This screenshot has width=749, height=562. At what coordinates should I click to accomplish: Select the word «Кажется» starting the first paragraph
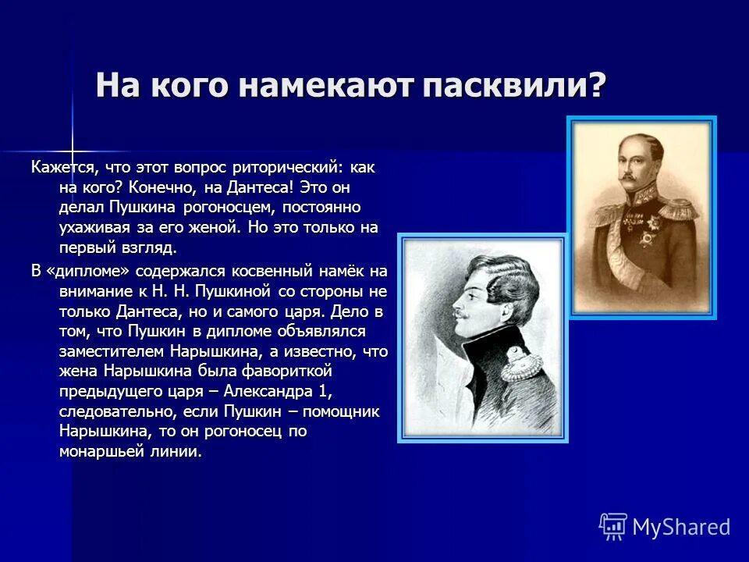pyautogui.click(x=63, y=168)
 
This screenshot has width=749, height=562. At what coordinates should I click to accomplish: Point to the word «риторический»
pyautogui.click(x=296, y=168)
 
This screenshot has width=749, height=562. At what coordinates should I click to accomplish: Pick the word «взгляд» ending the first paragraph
pyautogui.click(x=145, y=249)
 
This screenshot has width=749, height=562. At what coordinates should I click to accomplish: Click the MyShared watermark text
pyautogui.click(x=681, y=528)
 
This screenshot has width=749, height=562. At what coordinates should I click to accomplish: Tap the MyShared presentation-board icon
pyautogui.click(x=613, y=527)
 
